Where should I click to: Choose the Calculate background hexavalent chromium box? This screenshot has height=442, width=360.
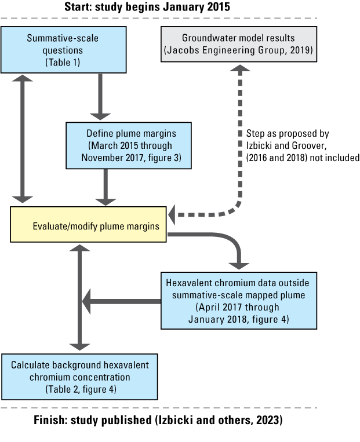tap(79, 376)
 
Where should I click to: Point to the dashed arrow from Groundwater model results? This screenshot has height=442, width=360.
tap(239, 145)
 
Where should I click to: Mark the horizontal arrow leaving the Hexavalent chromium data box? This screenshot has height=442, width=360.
tap(122, 301)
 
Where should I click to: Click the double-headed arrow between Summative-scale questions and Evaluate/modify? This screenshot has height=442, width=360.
tap(24, 139)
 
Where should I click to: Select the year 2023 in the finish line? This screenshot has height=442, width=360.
tap(267, 421)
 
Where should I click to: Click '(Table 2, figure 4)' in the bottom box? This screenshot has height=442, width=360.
tap(80, 388)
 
